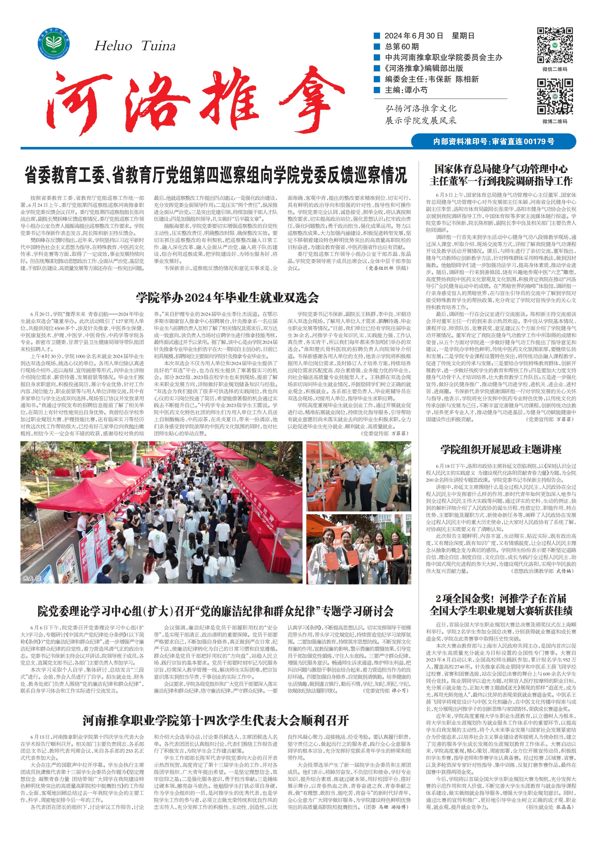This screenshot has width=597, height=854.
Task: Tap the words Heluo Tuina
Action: [134, 46]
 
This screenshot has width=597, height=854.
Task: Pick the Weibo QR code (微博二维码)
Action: [554, 97]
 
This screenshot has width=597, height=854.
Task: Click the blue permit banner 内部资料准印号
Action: [493, 142]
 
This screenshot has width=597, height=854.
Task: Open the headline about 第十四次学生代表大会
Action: [215, 720]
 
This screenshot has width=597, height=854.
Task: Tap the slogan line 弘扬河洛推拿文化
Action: [420, 109]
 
